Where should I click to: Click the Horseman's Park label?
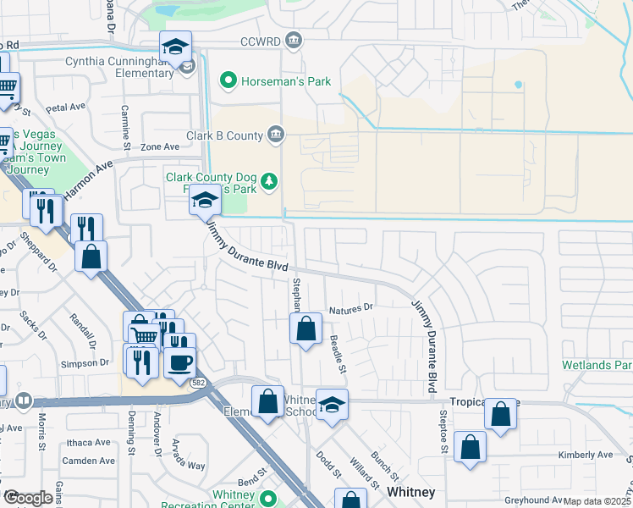tap(286, 82)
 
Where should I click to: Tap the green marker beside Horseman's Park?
tap(228, 82)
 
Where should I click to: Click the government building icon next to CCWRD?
tap(293, 39)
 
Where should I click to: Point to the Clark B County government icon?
tap(276, 135)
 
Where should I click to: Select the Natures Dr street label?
tap(351, 310)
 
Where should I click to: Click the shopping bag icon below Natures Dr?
tap(305, 329)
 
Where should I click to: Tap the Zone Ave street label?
tap(160, 146)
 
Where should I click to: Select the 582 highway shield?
tap(198, 383)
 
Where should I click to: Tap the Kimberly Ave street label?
tap(585, 455)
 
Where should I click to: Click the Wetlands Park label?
tap(597, 366)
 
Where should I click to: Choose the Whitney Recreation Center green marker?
tap(268, 498)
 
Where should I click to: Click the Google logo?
tap(27, 499)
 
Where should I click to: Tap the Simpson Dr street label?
tap(85, 362)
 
